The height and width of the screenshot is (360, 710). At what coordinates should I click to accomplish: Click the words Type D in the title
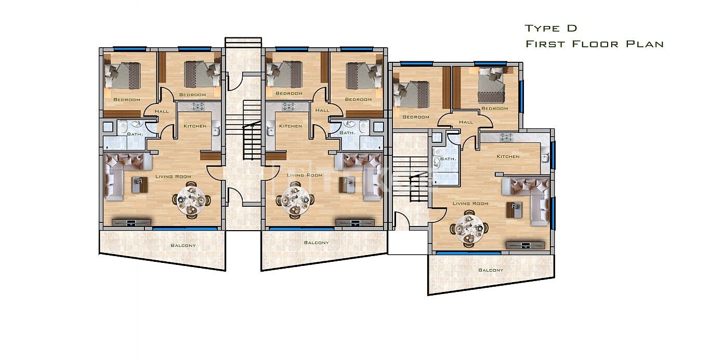[551, 28]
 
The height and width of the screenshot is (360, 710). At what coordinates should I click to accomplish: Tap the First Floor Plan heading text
[595, 44]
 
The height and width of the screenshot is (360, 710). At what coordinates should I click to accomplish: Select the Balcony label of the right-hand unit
[491, 270]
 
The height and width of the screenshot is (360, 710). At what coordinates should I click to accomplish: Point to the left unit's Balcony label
[183, 245]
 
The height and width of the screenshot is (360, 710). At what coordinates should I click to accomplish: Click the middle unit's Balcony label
[317, 243]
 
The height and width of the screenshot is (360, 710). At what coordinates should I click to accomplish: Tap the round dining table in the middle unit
[295, 201]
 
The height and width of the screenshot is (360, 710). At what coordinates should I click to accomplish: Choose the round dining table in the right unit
[469, 229]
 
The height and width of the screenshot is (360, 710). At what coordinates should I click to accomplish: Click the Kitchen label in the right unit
[508, 156]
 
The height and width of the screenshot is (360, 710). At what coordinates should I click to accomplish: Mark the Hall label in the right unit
[466, 122]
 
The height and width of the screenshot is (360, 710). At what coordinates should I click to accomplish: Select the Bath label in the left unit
[135, 134]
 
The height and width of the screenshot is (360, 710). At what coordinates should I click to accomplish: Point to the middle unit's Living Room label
[304, 175]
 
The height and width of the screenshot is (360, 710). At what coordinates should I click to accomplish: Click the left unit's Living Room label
[173, 177]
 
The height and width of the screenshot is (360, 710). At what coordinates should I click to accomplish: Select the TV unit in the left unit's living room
[132, 222]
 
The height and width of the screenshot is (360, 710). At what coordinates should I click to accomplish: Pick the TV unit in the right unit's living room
[525, 245]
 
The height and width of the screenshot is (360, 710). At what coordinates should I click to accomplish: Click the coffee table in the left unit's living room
[140, 185]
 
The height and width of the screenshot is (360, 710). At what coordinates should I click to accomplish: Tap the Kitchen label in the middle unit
[291, 126]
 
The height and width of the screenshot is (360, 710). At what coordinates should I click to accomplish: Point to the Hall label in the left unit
[162, 111]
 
